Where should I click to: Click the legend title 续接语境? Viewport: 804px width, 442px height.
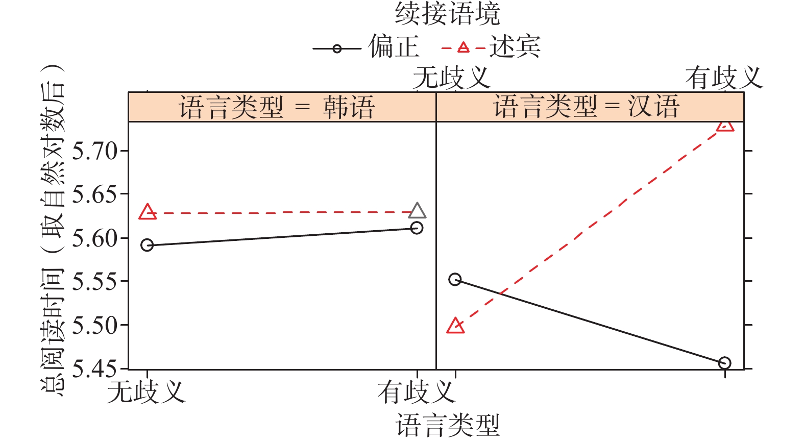pyautogui.click(x=447, y=14)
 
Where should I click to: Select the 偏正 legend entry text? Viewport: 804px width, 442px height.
pyautogui.click(x=394, y=47)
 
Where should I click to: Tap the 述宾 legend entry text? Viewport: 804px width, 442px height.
pyautogui.click(x=515, y=47)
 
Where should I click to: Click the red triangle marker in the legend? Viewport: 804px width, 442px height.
pyautogui.click(x=463, y=48)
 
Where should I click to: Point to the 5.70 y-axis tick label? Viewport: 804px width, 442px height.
pyautogui.click(x=95, y=151)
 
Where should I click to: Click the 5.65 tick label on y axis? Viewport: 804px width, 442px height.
pyautogui.click(x=95, y=194)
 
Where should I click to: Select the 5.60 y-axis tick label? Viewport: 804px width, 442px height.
pyautogui.click(x=95, y=238)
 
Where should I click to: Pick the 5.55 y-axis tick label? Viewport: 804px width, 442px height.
pyautogui.click(x=95, y=282)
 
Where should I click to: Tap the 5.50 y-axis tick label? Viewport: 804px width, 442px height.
pyautogui.click(x=95, y=325)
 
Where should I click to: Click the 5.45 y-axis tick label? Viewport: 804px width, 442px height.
pyautogui.click(x=95, y=369)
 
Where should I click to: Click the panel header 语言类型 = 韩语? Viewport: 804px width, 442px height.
pyautogui.click(x=277, y=107)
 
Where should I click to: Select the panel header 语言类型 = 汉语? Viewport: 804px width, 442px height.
pyautogui.click(x=586, y=107)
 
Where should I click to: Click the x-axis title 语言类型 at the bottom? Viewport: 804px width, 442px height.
pyautogui.click(x=447, y=426)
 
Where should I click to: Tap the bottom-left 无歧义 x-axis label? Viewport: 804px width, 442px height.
pyautogui.click(x=146, y=392)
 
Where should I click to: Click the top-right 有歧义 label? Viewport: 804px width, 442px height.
pyautogui.click(x=724, y=78)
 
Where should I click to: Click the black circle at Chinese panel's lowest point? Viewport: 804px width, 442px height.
pyautogui.click(x=724, y=363)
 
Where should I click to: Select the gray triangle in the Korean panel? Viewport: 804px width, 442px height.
pyautogui.click(x=418, y=211)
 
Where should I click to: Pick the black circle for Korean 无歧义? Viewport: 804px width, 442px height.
pyautogui.click(x=147, y=245)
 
